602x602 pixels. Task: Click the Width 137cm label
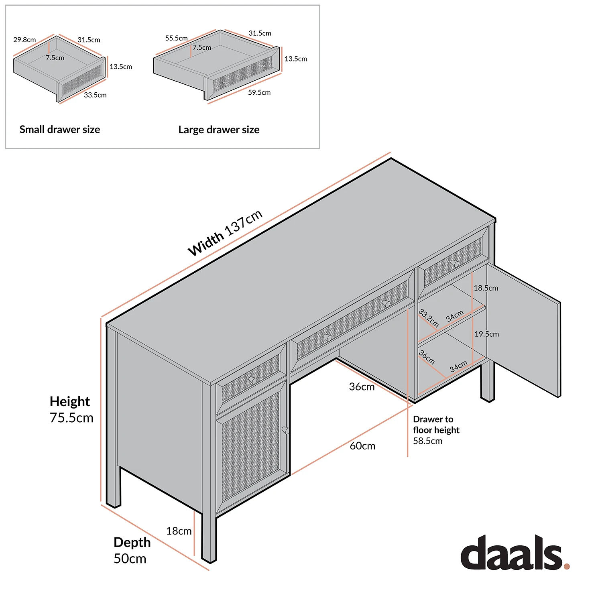click(x=225, y=233)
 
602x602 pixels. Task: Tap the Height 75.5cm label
click(x=71, y=410)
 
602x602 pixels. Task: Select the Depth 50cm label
click(x=132, y=550)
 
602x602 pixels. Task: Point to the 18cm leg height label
click(x=179, y=531)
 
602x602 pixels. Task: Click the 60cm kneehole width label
click(x=362, y=446)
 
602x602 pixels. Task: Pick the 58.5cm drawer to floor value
click(x=427, y=441)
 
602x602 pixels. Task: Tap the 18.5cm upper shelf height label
click(x=486, y=288)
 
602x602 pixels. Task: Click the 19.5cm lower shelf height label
click(x=486, y=334)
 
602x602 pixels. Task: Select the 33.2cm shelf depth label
click(x=429, y=318)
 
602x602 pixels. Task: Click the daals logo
click(x=511, y=553)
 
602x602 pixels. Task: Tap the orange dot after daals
click(x=567, y=566)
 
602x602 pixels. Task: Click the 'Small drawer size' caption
click(x=60, y=130)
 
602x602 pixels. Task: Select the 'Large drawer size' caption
click(x=219, y=130)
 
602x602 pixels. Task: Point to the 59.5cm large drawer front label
click(x=259, y=93)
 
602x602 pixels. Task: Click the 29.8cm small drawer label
click(x=24, y=40)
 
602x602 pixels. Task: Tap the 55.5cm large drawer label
click(x=176, y=38)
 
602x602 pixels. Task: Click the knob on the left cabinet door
click(x=286, y=430)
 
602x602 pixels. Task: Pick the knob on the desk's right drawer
click(x=455, y=263)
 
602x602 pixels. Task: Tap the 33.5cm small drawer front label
click(x=95, y=95)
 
